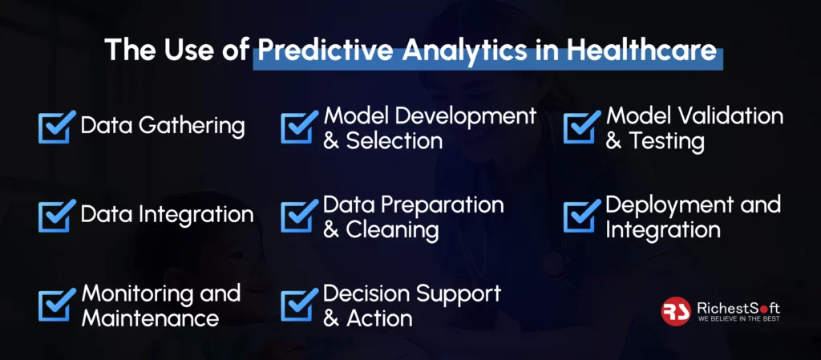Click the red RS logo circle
click(x=676, y=311)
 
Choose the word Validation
click(x=730, y=116)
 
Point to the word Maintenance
click(x=150, y=318)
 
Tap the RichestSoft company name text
click(x=738, y=307)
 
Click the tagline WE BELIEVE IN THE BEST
click(x=738, y=318)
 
